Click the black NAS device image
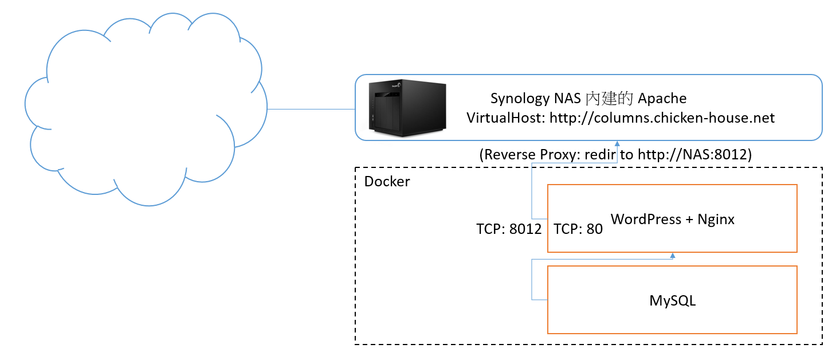407,108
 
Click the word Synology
520,99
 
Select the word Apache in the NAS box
662,99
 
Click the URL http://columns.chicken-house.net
662,118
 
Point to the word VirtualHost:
506,118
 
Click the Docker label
387,182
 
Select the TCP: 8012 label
509,229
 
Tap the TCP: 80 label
579,229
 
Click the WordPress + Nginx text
673,219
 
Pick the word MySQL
673,300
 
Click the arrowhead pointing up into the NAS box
617,143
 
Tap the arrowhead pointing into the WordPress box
673,256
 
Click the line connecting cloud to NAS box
311,109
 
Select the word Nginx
716,219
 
